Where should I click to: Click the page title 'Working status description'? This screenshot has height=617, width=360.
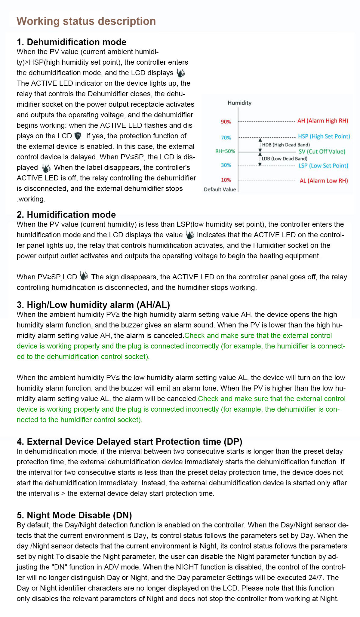coord(86,21)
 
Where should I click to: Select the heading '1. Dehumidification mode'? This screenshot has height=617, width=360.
coord(72,42)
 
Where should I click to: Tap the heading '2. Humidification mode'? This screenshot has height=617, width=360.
coord(66,214)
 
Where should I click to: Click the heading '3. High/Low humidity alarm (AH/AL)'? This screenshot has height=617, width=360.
coord(93,305)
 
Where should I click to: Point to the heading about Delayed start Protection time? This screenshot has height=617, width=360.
coord(129,441)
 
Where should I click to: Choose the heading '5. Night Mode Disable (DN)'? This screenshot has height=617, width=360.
coord(74,515)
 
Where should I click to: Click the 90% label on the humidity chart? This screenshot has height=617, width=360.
coord(226,122)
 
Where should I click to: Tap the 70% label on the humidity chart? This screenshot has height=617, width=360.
coord(226,138)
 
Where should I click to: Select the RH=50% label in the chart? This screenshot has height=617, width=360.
coord(225,151)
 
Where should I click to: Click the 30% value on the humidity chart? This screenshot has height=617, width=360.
coord(226,165)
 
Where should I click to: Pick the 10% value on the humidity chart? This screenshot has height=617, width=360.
coord(226,180)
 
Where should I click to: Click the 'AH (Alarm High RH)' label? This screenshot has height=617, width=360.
coord(323,121)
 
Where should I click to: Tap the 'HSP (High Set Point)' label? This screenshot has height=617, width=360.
coord(324,137)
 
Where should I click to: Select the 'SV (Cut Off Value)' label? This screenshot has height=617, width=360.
coord(322,152)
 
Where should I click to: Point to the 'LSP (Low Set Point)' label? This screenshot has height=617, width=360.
coord(323,166)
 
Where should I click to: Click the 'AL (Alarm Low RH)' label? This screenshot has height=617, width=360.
coord(324,181)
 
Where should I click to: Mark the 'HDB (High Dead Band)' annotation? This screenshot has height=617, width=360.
coord(286,145)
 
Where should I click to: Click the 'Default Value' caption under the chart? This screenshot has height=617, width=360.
coord(220,189)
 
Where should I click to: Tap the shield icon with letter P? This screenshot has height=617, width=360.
coord(78,136)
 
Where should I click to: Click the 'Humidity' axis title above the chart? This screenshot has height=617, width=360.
coord(239,103)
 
